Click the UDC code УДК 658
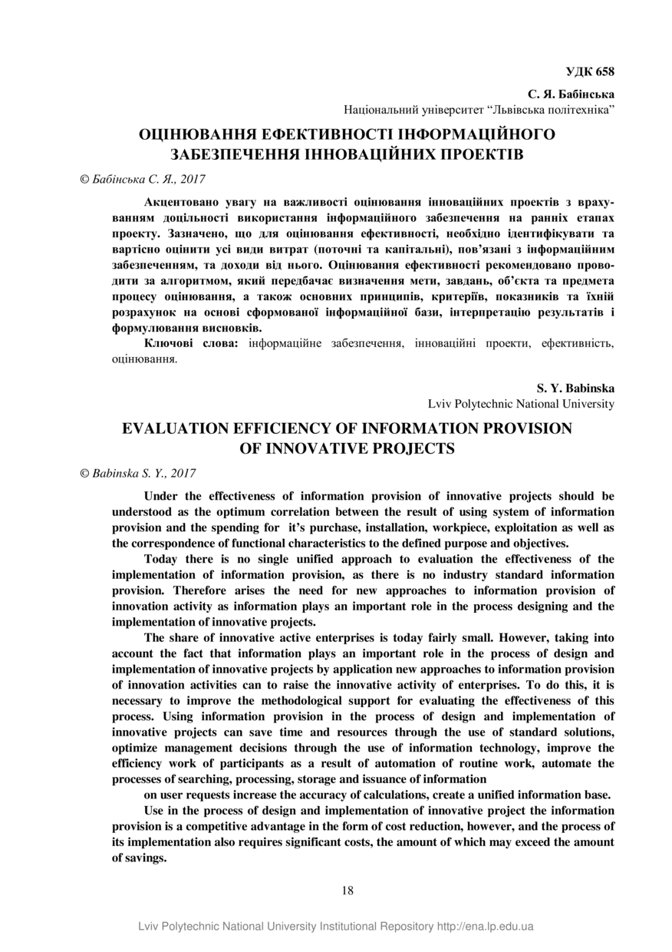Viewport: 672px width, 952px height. click(x=590, y=72)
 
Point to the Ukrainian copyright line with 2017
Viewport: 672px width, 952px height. click(x=143, y=178)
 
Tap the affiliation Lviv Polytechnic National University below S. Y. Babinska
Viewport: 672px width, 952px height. click(x=521, y=403)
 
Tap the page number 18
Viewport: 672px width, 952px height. click(x=348, y=891)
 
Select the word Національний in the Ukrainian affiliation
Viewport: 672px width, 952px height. click(x=378, y=110)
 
